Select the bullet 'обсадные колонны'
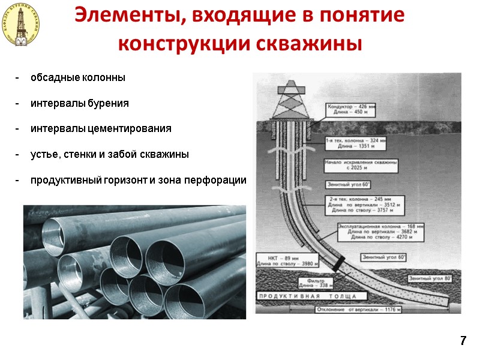coord(78,78)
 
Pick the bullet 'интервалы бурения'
coord(80,103)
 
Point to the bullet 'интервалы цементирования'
coord(101,128)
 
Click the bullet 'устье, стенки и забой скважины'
coord(110,154)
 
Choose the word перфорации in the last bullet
coord(218,180)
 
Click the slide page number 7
coord(463,341)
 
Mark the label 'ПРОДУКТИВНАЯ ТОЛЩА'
coord(307,296)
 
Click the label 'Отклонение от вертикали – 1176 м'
coord(359,310)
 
